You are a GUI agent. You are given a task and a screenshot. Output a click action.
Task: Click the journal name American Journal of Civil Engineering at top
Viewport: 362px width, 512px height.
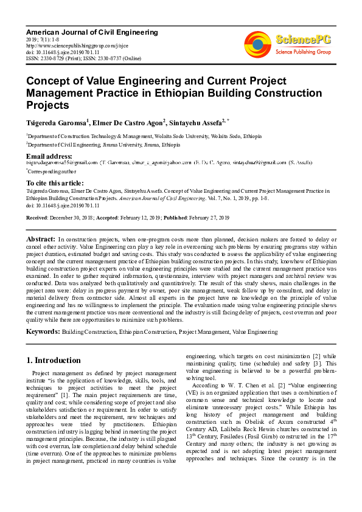click(x=92, y=32)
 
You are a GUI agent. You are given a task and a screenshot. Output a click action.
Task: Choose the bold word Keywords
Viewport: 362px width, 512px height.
click(x=43, y=332)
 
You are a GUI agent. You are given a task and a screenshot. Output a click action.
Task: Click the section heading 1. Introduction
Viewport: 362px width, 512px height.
click(x=54, y=360)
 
